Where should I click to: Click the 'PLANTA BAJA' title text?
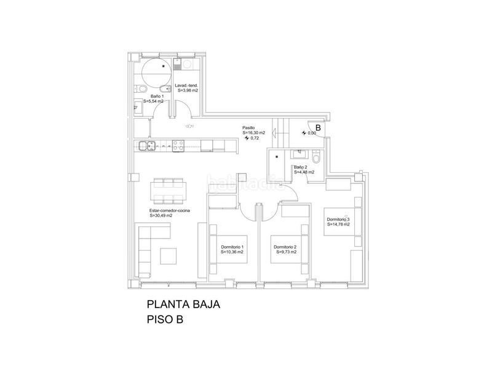click(x=183, y=304)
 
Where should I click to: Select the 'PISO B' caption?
click(x=165, y=319)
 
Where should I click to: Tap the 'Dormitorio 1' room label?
click(x=232, y=247)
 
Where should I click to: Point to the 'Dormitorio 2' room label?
click(x=285, y=247)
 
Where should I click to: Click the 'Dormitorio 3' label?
click(x=338, y=220)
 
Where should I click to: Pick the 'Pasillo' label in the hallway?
click(x=248, y=128)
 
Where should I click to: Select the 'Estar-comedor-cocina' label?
click(x=170, y=211)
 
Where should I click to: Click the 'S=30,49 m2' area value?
click(x=161, y=216)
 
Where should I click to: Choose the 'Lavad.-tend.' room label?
click(x=186, y=85)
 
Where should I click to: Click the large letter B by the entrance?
click(x=318, y=128)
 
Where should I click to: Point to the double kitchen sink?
click(x=147, y=146)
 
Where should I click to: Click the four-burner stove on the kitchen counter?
click(x=178, y=146)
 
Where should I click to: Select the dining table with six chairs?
click(x=168, y=191)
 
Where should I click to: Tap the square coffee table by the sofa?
click(x=169, y=256)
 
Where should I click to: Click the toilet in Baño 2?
click(x=316, y=156)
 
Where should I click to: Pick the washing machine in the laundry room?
click(x=187, y=65)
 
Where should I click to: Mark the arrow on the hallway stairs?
click(x=274, y=133)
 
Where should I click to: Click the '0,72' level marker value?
click(x=255, y=138)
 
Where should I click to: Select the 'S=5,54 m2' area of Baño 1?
click(x=153, y=101)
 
